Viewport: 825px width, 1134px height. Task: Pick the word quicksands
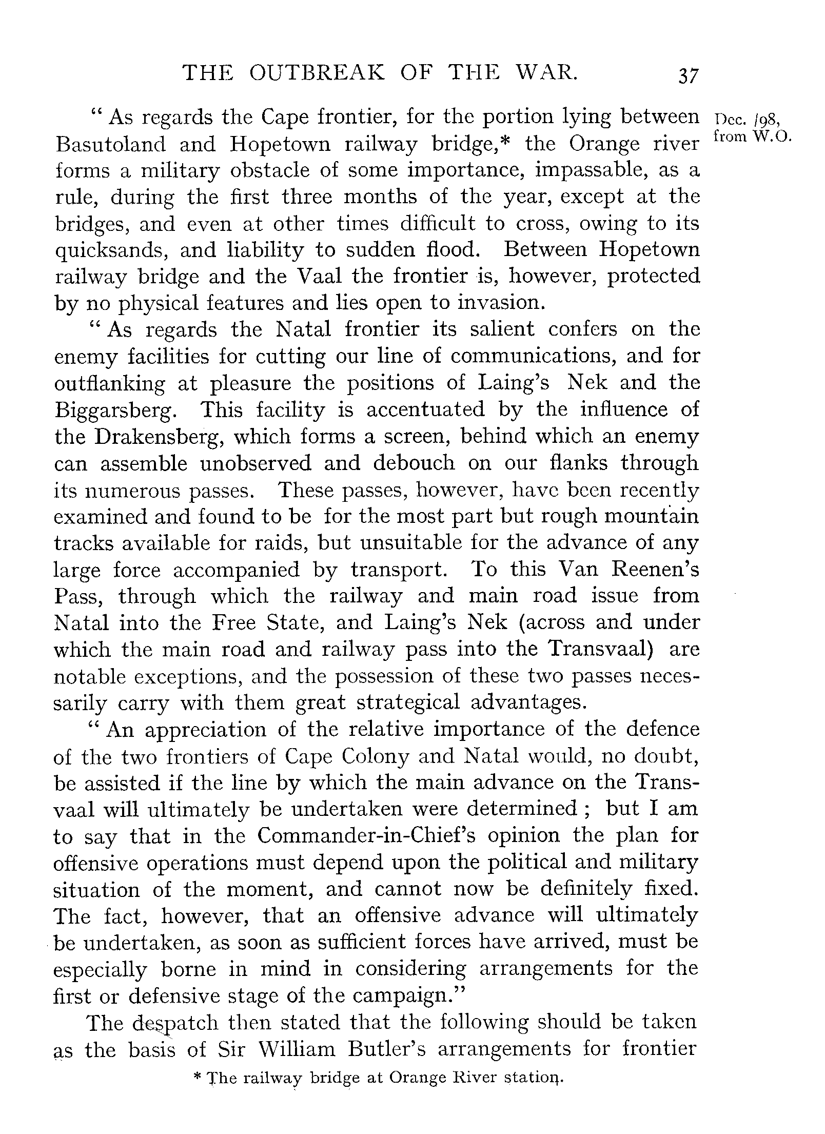(110, 251)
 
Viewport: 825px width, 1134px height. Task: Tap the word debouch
(414, 463)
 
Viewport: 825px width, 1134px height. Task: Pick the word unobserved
(256, 463)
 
